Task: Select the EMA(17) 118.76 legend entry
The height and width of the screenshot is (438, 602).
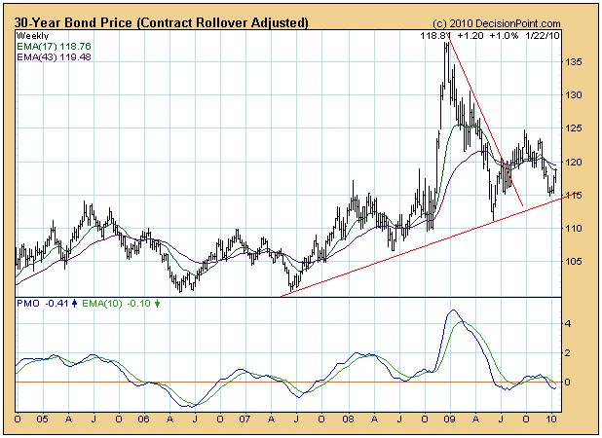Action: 53,45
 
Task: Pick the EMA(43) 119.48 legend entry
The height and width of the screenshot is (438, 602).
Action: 53,55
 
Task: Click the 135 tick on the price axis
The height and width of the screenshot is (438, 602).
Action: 576,62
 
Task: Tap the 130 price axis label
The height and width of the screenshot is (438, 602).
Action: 576,95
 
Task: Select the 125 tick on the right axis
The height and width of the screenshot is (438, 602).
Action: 576,128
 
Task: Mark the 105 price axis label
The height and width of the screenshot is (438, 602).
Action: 576,261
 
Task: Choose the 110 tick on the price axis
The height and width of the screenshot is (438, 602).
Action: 576,228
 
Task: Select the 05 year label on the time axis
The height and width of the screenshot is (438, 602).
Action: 42,420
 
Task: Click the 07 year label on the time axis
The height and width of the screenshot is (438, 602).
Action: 245,420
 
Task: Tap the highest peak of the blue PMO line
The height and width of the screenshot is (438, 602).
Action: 451,310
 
